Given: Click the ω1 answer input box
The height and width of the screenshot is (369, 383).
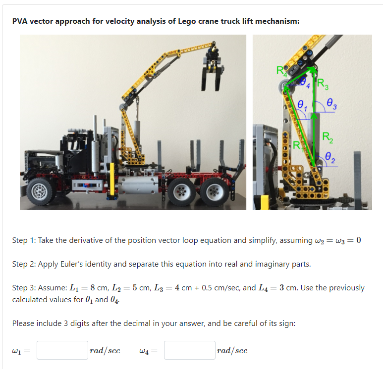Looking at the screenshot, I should coord(62,350).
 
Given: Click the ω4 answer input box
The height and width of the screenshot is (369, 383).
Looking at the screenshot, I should coord(189,350).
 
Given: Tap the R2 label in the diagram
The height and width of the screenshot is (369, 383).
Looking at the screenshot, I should coord(328,137).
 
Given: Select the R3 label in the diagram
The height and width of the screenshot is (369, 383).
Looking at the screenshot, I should coord(322,84).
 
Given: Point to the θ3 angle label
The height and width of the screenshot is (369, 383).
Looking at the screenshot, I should coord(333,104).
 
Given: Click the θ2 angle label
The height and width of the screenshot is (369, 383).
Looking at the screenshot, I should coord(330,159).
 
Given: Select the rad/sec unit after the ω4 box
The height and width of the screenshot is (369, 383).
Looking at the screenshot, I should coord(232,350).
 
